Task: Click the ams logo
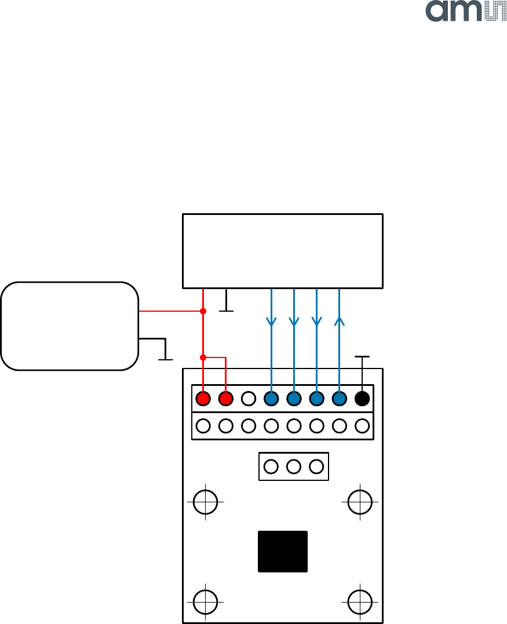pyautogui.click(x=466, y=12)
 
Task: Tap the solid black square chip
pyautogui.click(x=283, y=551)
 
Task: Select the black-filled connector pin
pyautogui.click(x=362, y=399)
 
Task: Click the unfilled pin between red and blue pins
pyautogui.click(x=248, y=399)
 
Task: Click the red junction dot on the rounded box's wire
pyautogui.click(x=203, y=311)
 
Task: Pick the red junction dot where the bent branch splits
pyautogui.click(x=203, y=357)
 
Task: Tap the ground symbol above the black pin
pyautogui.click(x=362, y=358)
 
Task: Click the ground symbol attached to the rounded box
pyautogui.click(x=166, y=357)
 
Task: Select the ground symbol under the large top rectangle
pyautogui.click(x=226, y=309)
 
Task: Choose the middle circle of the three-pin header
pyautogui.click(x=294, y=466)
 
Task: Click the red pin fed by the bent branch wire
pyautogui.click(x=225, y=399)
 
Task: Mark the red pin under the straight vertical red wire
pyautogui.click(x=203, y=399)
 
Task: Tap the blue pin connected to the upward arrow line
pyautogui.click(x=339, y=399)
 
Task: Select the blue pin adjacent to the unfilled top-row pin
pyautogui.click(x=271, y=399)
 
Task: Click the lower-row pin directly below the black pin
pyautogui.click(x=362, y=426)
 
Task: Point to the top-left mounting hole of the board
pyautogui.click(x=205, y=502)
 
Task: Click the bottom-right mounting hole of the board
pyautogui.click(x=360, y=601)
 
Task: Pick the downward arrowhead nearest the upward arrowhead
pyautogui.click(x=316, y=320)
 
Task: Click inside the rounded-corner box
pyautogui.click(x=70, y=326)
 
